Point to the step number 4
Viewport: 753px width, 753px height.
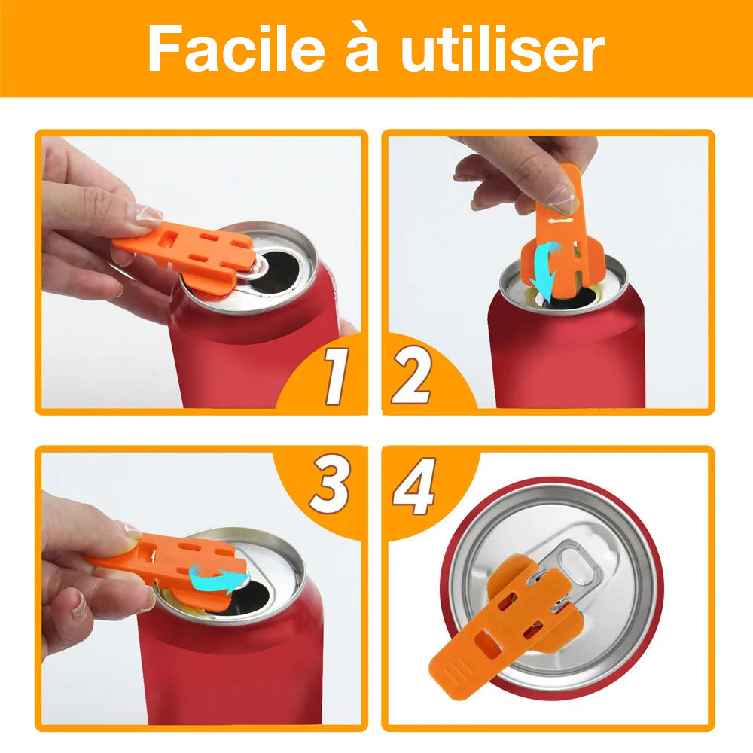414,488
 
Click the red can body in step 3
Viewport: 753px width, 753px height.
226,663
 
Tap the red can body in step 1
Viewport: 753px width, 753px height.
248,354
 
